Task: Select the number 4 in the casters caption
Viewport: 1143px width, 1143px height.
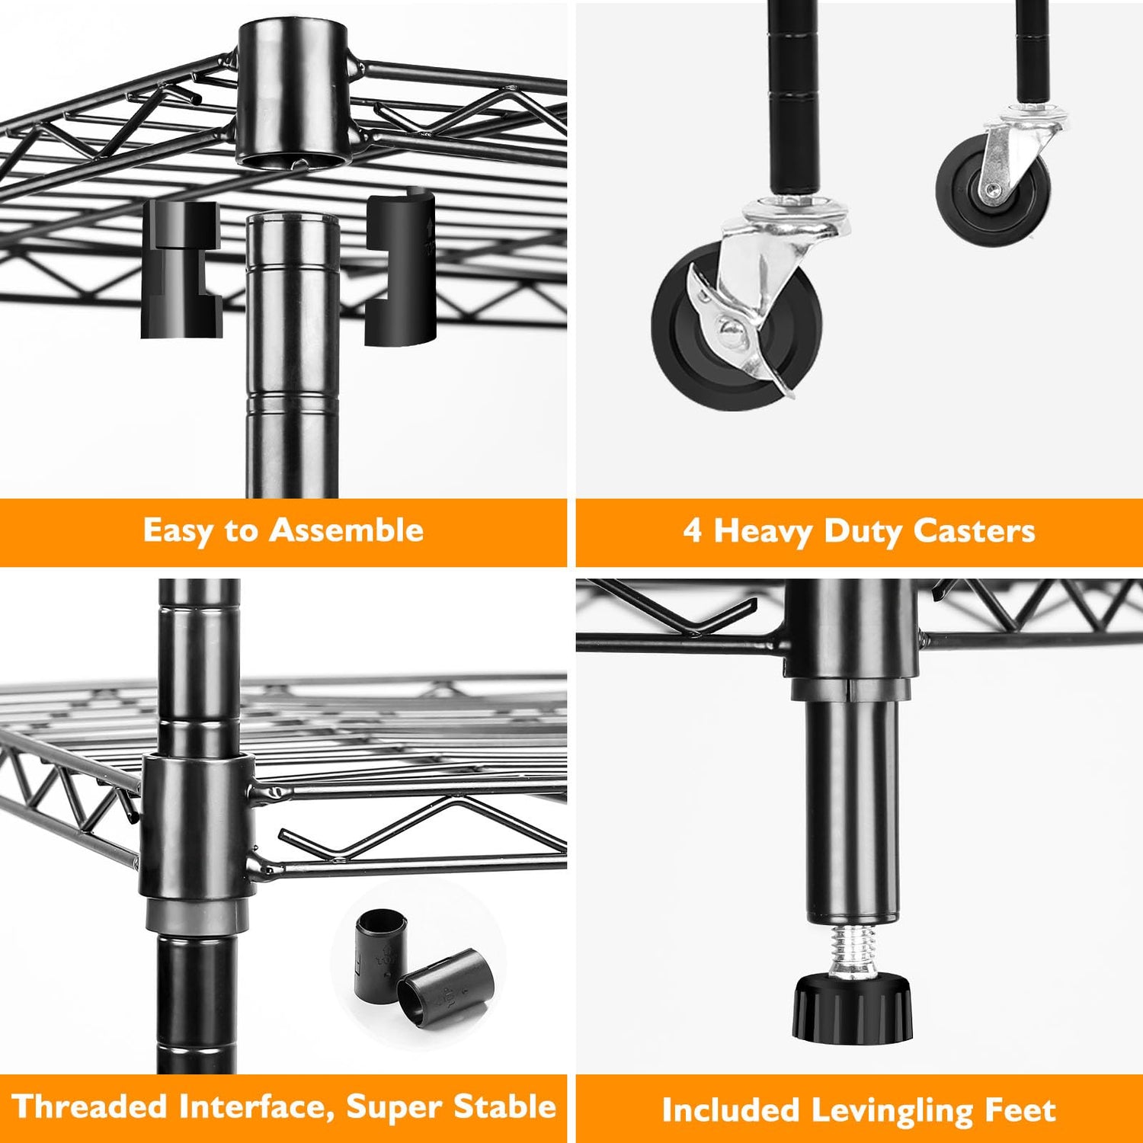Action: coord(692,530)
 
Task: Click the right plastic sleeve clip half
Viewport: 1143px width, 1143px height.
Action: coord(399,267)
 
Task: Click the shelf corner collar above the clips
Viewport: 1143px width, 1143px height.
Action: coord(294,94)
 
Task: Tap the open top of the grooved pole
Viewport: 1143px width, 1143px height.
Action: coord(293,219)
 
